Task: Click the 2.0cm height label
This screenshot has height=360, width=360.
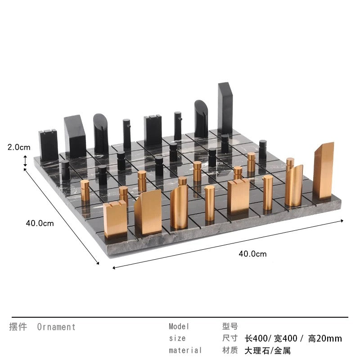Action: [19, 147]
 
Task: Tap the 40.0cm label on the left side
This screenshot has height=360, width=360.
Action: [40, 223]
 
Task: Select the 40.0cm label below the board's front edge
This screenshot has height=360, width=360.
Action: [252, 254]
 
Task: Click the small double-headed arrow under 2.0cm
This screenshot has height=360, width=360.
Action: [25, 161]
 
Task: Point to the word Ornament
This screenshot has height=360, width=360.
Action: [56, 327]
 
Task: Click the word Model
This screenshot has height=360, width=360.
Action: [179, 326]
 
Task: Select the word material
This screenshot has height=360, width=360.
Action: [185, 350]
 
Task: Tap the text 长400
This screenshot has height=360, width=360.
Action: [256, 338]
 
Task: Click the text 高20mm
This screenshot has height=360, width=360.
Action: [325, 338]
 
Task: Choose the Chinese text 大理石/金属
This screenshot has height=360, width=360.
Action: [268, 351]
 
